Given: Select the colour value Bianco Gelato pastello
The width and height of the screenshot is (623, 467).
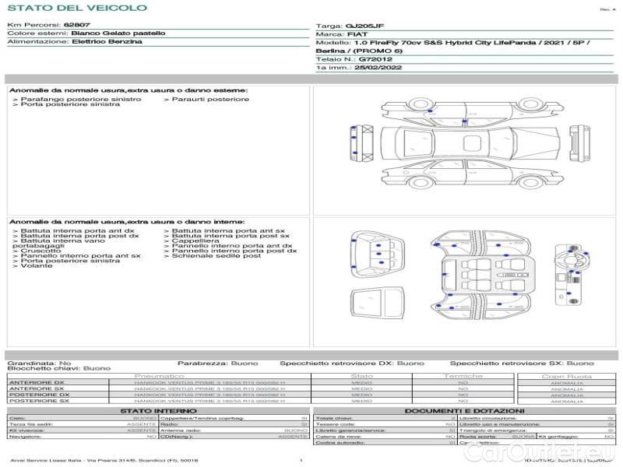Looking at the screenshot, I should pos(118,33).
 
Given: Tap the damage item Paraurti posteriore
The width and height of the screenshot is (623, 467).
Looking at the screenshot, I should pos(209,99).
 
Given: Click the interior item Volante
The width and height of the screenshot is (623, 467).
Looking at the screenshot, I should pos(37,265).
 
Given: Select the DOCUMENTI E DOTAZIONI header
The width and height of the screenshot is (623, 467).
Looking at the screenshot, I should pos(464,410).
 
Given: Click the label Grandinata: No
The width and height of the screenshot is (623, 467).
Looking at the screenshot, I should pos(39,363).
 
